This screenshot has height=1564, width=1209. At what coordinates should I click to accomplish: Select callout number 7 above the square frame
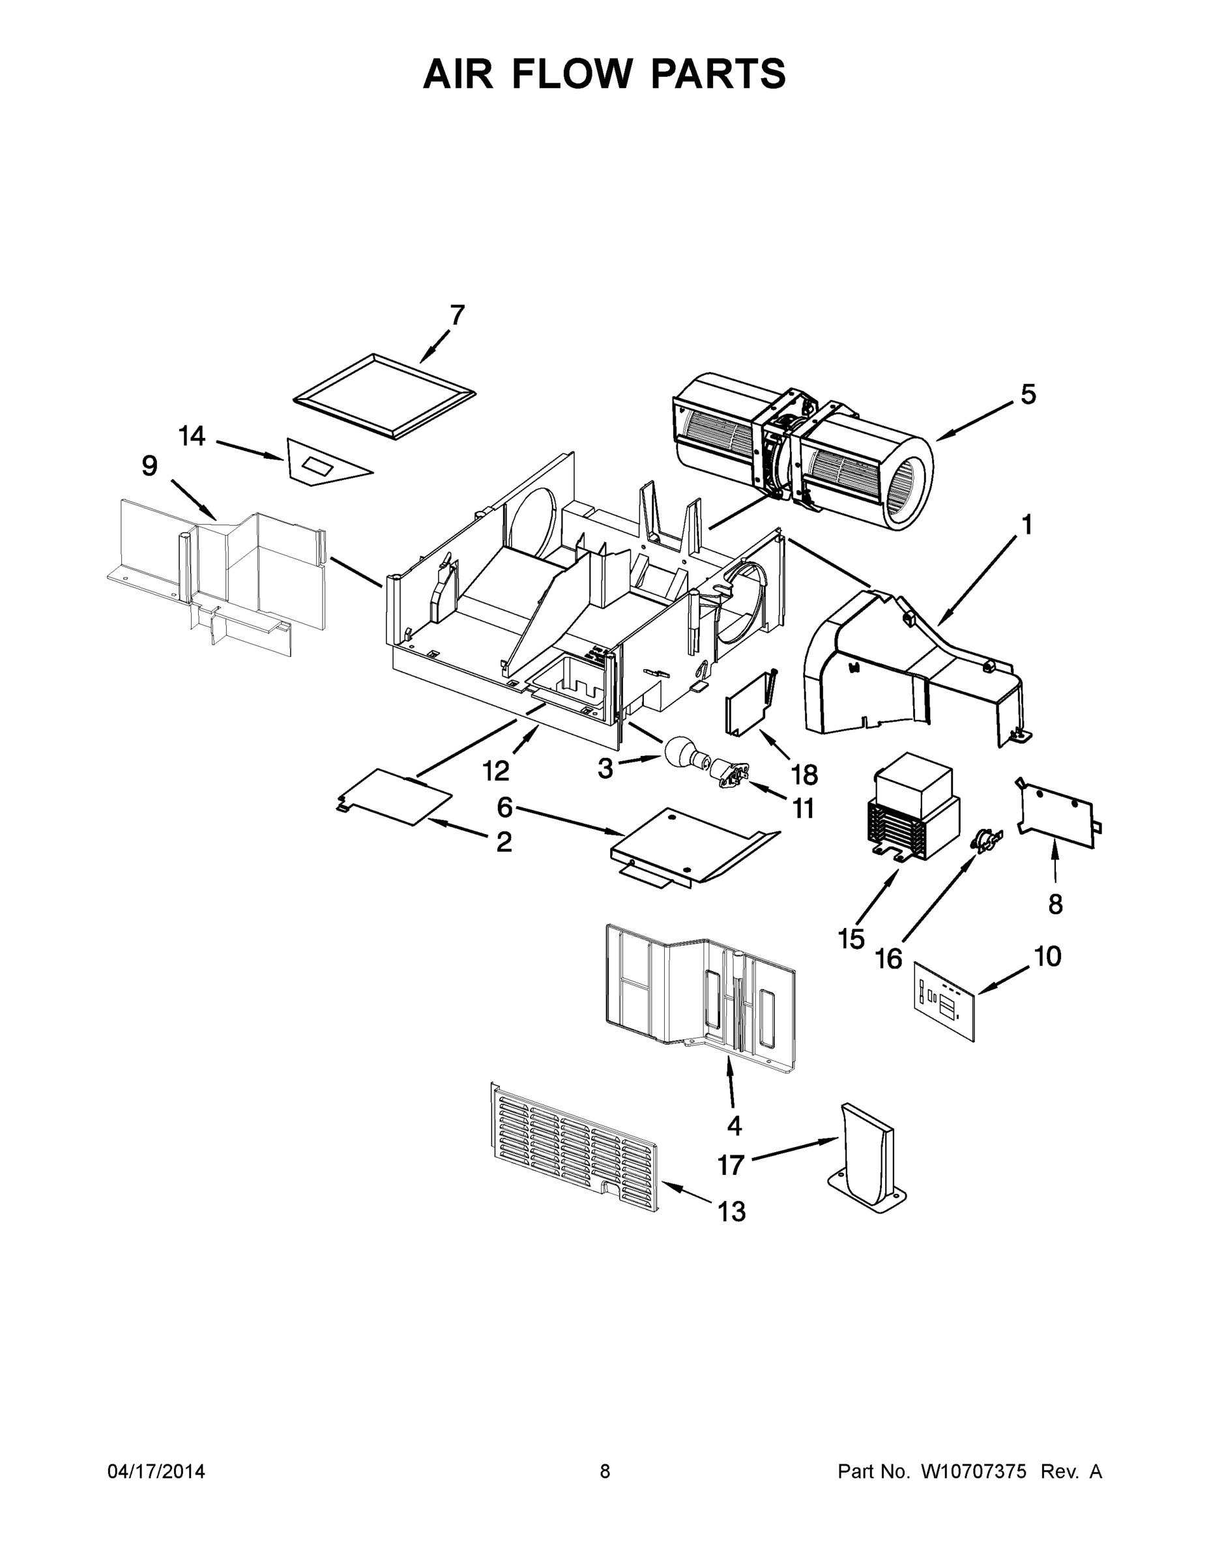pos(457,315)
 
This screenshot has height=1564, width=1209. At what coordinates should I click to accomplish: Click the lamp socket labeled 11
pos(731,775)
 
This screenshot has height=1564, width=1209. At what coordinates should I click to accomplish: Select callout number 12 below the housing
pos(495,770)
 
